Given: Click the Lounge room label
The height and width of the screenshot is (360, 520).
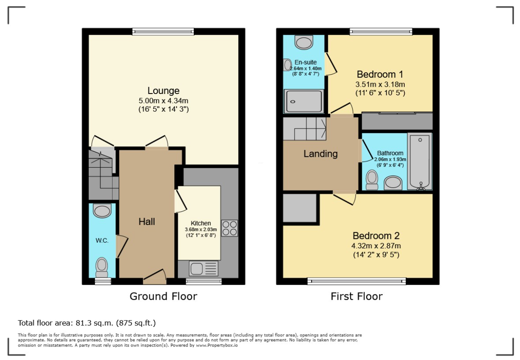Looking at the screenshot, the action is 164,91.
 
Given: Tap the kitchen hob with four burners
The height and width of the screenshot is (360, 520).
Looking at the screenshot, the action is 229,228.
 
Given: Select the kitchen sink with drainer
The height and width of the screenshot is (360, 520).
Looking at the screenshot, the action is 204,268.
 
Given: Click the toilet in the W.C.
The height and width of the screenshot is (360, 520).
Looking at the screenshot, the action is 102,267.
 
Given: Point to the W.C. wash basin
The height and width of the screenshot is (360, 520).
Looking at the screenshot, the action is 102,211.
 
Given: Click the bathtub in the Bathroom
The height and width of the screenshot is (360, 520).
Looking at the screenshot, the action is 420,161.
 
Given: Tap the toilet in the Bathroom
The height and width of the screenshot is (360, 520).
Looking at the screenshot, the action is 372,180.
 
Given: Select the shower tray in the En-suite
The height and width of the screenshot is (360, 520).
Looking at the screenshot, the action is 304,101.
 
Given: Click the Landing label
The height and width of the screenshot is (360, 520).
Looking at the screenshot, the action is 321,154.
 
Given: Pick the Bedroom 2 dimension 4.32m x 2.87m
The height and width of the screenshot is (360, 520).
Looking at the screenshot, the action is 376,246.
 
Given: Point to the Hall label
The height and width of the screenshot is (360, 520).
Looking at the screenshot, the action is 147,222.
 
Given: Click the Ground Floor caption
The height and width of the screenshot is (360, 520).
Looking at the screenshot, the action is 164,297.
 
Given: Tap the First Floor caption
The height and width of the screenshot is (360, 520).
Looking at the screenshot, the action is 356,297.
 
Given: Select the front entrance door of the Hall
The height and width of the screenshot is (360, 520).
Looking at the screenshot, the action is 154,277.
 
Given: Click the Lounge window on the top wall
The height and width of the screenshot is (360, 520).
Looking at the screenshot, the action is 163,31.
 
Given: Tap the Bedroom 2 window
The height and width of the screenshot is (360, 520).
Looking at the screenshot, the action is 356,281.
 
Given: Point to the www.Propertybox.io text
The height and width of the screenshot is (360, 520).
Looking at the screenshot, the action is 217,345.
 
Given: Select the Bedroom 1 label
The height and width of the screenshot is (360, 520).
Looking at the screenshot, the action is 380,75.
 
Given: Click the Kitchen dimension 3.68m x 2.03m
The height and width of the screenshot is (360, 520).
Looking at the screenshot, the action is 201,230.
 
